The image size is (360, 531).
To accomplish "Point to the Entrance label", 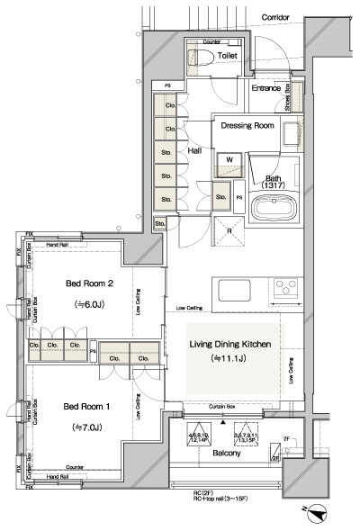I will pos(266,88).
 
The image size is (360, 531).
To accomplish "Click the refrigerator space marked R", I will pos(229,230).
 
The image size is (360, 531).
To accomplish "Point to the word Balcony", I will pos(226,454).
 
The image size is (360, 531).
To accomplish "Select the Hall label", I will pos(194,153).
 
